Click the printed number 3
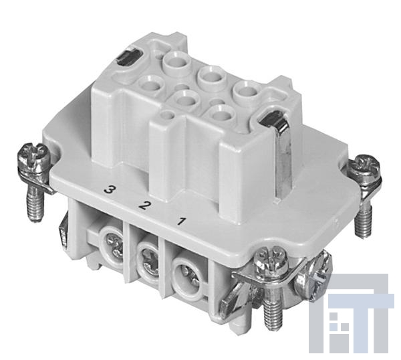(110, 190)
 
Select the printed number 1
(182, 221)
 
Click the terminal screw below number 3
(114, 244)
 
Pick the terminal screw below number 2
(150, 261)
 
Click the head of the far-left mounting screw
(33, 157)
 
